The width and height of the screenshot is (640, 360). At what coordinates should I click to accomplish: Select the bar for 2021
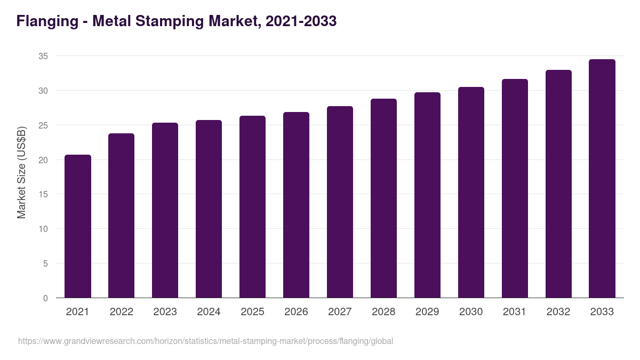pyautogui.click(x=78, y=226)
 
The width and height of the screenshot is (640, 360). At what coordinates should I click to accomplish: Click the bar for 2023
pyautogui.click(x=165, y=210)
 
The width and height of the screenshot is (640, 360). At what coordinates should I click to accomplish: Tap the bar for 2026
pyautogui.click(x=296, y=205)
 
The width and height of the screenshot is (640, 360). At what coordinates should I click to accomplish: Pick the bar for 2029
pyautogui.click(x=427, y=195)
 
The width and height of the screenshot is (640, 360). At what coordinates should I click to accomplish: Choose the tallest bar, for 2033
pyautogui.click(x=602, y=179)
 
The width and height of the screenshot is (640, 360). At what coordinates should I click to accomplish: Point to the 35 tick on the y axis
pyautogui.click(x=43, y=56)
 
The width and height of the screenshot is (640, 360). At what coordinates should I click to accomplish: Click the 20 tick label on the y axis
pyautogui.click(x=43, y=160)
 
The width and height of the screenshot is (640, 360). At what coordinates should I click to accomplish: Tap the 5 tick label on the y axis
pyautogui.click(x=45, y=263)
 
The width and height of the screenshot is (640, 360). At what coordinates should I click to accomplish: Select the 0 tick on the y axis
pyautogui.click(x=45, y=298)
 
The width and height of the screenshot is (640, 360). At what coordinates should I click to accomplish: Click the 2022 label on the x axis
pyautogui.click(x=121, y=312)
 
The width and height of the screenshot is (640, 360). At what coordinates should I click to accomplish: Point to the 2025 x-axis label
pyautogui.click(x=252, y=312)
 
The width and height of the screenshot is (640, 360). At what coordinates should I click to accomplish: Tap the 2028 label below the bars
pyautogui.click(x=383, y=312)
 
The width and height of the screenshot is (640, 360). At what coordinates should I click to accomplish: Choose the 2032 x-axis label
pyautogui.click(x=558, y=312)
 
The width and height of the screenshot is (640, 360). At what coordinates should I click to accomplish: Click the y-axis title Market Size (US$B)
pyautogui.click(x=21, y=172)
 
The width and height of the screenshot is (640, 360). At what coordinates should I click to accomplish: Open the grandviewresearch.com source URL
pyautogui.click(x=205, y=341)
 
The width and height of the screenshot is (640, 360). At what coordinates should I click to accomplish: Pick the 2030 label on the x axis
pyautogui.click(x=471, y=312)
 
